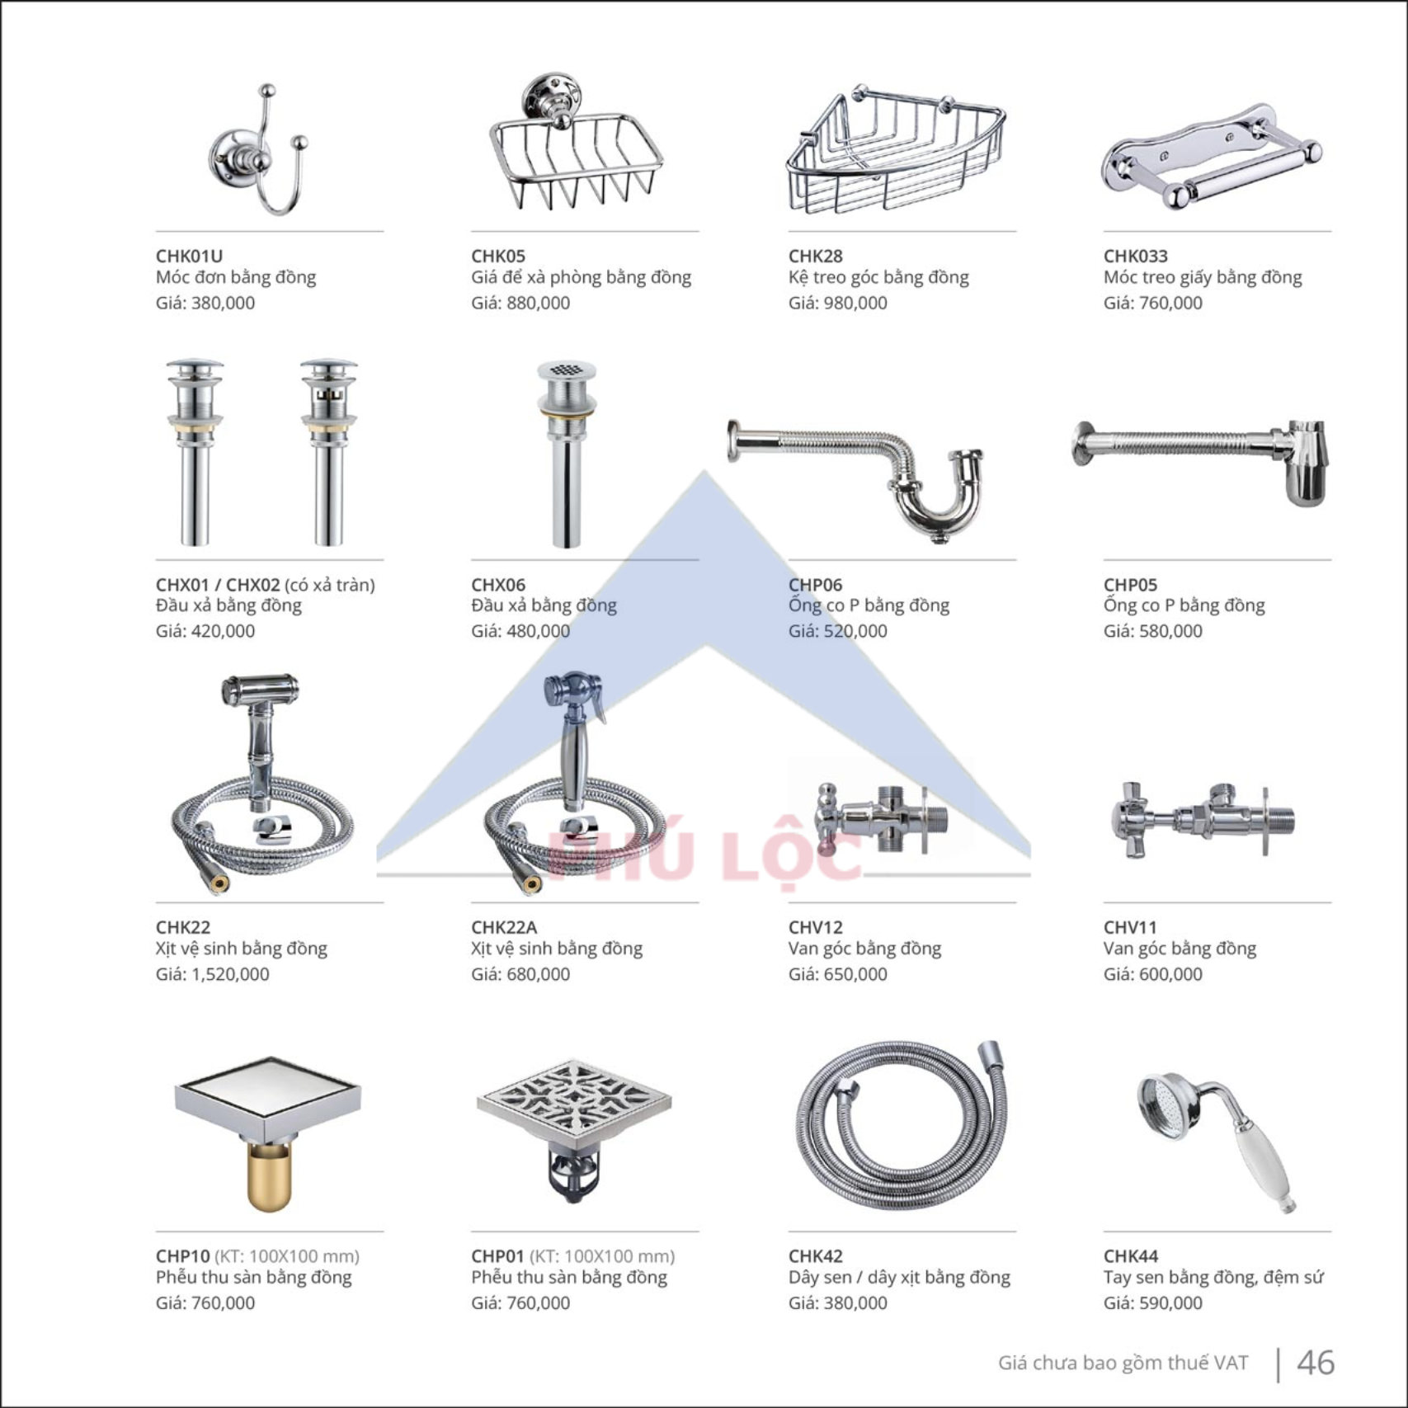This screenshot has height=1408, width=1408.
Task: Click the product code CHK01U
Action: pyautogui.click(x=189, y=257)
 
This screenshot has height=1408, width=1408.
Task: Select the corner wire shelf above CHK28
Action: pyautogui.click(x=896, y=149)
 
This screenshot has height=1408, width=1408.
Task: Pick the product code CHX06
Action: pyautogui.click(x=498, y=585)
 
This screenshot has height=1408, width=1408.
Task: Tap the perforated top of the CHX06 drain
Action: pyautogui.click(x=566, y=372)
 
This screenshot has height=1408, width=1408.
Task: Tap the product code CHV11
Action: pyautogui.click(x=1130, y=927)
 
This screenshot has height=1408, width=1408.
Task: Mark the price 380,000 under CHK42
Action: pyautogui.click(x=855, y=1303)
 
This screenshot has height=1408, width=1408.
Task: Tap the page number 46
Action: pyautogui.click(x=1316, y=1362)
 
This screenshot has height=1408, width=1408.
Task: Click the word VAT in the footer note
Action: pyautogui.click(x=1231, y=1363)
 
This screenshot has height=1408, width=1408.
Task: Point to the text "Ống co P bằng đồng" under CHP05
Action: pyautogui.click(x=1184, y=605)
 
